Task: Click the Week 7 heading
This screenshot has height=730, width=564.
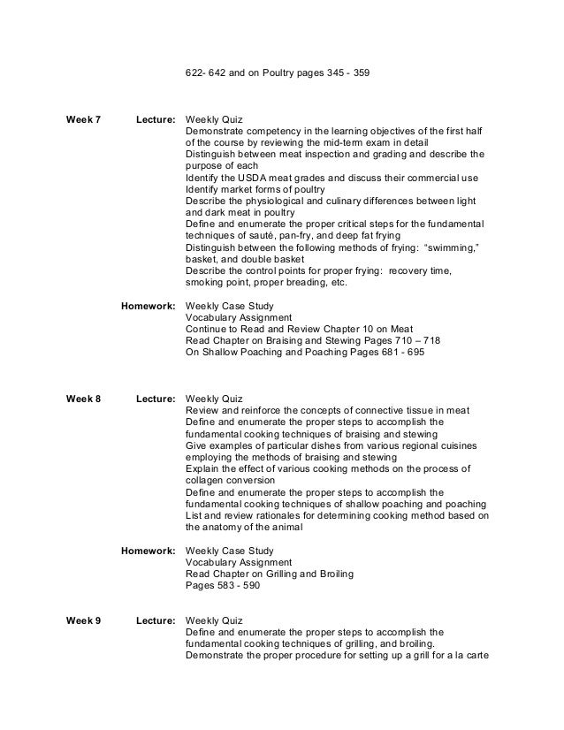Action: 84,118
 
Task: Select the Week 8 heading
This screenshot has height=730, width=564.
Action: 84,399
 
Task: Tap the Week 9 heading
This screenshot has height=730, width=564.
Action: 84,621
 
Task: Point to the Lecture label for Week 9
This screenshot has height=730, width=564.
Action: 156,621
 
